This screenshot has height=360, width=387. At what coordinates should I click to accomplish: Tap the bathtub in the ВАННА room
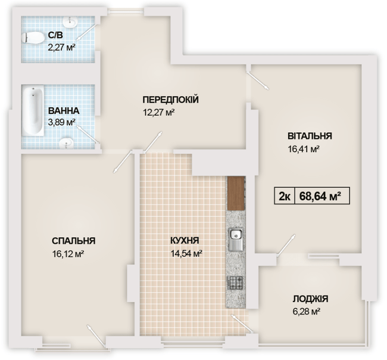coord(30,111)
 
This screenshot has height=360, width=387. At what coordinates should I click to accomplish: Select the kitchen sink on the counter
coord(235,240)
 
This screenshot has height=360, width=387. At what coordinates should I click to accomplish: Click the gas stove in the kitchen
coord(235,283)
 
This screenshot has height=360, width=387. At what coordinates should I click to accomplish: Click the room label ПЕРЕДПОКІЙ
coord(170,100)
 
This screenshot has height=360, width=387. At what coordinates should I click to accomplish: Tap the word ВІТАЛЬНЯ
coord(309,135)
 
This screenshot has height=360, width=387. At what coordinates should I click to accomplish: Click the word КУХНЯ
coord(185,241)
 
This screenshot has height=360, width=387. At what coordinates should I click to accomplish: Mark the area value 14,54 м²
coord(185,253)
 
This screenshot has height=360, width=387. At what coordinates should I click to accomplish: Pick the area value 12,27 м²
coord(158,112)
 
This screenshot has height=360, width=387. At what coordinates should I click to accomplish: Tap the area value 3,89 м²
coord(63,122)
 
